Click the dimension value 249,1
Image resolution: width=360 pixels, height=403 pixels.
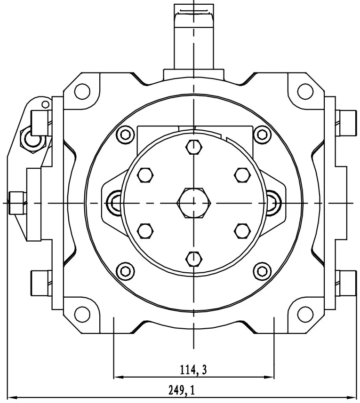(x=181, y=390)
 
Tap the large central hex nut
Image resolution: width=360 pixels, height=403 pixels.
(x=194, y=202)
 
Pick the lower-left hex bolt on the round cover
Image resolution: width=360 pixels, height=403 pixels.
(x=145, y=230)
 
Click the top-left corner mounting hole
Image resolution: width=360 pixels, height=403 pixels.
(x=83, y=91)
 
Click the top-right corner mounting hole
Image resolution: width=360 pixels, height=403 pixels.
(x=305, y=91)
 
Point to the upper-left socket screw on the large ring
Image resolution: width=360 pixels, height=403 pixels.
(x=125, y=135)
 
